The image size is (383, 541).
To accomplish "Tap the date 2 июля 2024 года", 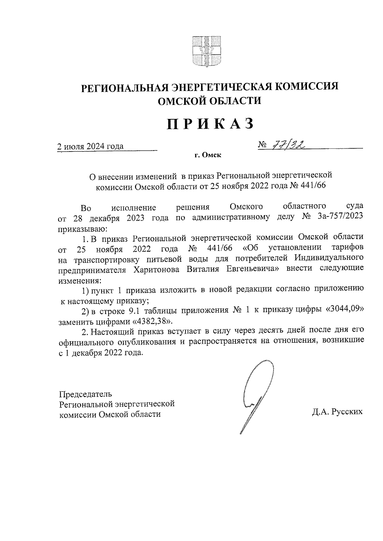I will coord(90,147).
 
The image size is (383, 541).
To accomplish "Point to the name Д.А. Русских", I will coord(337,412).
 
